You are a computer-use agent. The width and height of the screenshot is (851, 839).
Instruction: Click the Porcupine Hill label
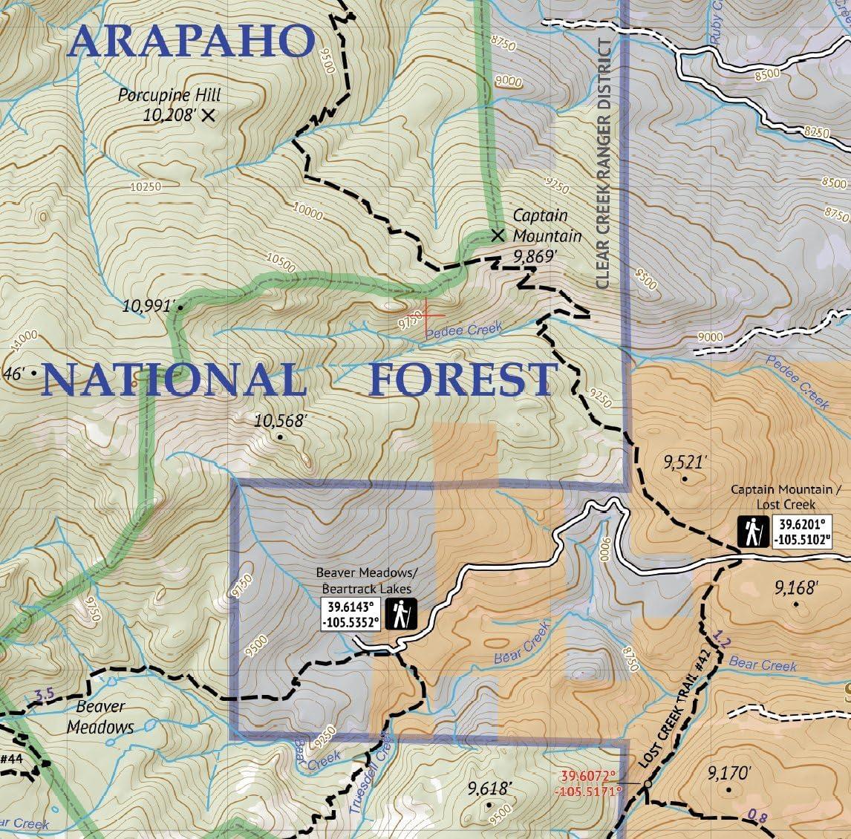coord(170,96)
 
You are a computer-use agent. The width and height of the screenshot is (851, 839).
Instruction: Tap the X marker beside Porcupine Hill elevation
coord(208,115)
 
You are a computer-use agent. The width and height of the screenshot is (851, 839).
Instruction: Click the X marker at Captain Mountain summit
coord(498,235)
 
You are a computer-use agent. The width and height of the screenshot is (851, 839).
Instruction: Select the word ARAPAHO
coord(191,42)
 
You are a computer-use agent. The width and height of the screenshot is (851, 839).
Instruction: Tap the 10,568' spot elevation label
coord(280,421)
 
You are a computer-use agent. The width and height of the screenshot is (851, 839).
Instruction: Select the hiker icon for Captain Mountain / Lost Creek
coord(753,532)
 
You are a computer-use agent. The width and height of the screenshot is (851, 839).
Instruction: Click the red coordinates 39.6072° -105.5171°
coord(589,783)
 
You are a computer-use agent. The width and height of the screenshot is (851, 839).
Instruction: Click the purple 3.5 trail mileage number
coord(45,695)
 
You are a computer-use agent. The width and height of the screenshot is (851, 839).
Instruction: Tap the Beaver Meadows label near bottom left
coord(100,716)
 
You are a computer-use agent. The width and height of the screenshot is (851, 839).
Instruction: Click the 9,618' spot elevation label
coord(490,789)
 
